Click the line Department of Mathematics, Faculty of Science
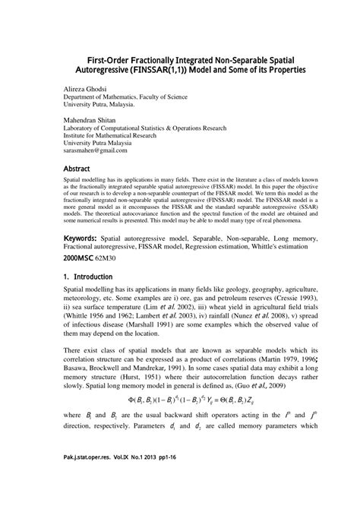[x=123, y=99]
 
